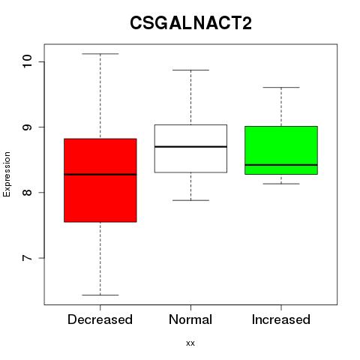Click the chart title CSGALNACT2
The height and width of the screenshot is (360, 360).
coord(190,23)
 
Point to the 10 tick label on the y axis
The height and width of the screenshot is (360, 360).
coord(27,61)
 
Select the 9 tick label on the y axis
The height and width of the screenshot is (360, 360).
coord(27,127)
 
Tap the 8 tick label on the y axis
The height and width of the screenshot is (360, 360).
coord(27,192)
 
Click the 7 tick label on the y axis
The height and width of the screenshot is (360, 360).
coord(27,258)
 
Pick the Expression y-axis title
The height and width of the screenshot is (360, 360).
coord(7,174)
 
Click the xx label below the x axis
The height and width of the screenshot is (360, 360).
coord(190,343)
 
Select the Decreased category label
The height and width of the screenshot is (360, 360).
coord(100,319)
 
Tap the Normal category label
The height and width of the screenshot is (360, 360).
coord(190,319)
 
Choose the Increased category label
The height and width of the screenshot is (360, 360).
coord(281,319)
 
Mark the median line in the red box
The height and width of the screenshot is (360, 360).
coord(100,175)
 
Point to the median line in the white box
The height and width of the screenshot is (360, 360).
coord(190,146)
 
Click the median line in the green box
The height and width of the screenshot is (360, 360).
coord(281,165)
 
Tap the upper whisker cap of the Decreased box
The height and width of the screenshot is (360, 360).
coord(100,54)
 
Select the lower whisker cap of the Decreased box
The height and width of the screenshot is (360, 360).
coord(100,295)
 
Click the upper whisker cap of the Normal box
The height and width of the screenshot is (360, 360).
coord(190,70)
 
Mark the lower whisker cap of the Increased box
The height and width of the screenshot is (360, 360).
coord(281,184)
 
